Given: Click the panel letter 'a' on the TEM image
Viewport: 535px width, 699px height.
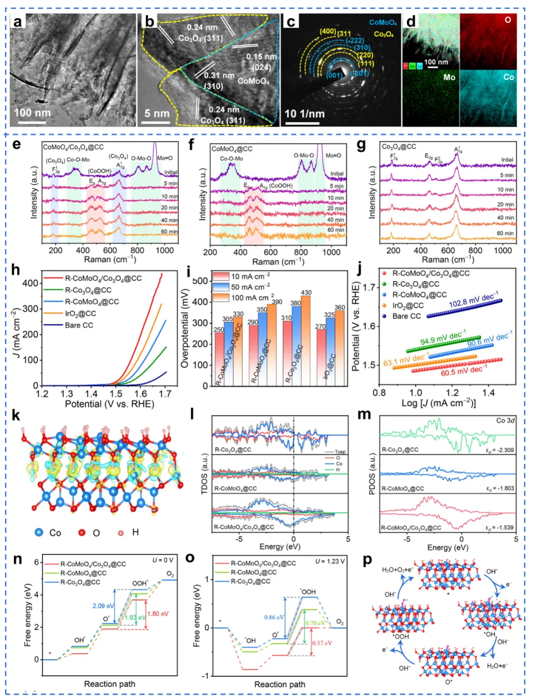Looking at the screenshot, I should point(18,22).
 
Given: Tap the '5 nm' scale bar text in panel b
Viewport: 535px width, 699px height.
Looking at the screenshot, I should point(157,113).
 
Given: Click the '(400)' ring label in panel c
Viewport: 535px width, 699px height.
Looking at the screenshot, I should point(327,32).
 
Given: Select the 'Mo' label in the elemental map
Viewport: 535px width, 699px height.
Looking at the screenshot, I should point(449,77).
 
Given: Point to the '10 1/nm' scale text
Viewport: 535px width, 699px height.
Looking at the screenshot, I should point(304,113).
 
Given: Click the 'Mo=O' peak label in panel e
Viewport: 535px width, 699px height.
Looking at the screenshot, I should point(165,159).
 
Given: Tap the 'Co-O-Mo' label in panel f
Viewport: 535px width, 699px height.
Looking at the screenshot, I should point(231,159).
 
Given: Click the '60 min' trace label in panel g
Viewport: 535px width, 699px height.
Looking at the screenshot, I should point(505,233).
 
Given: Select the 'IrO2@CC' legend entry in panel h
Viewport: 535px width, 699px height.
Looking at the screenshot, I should point(80,314).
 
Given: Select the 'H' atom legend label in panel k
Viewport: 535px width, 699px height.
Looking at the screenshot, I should point(135,532).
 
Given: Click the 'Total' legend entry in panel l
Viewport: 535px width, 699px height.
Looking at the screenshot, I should point(340,452).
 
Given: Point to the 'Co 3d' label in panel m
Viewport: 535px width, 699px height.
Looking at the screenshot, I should point(505,421).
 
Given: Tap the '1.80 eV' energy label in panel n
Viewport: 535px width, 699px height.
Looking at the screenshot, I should point(157,614).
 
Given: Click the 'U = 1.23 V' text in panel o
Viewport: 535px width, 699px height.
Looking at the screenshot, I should point(330,561).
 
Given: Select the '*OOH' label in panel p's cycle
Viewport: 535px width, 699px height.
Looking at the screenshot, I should point(401,637).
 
